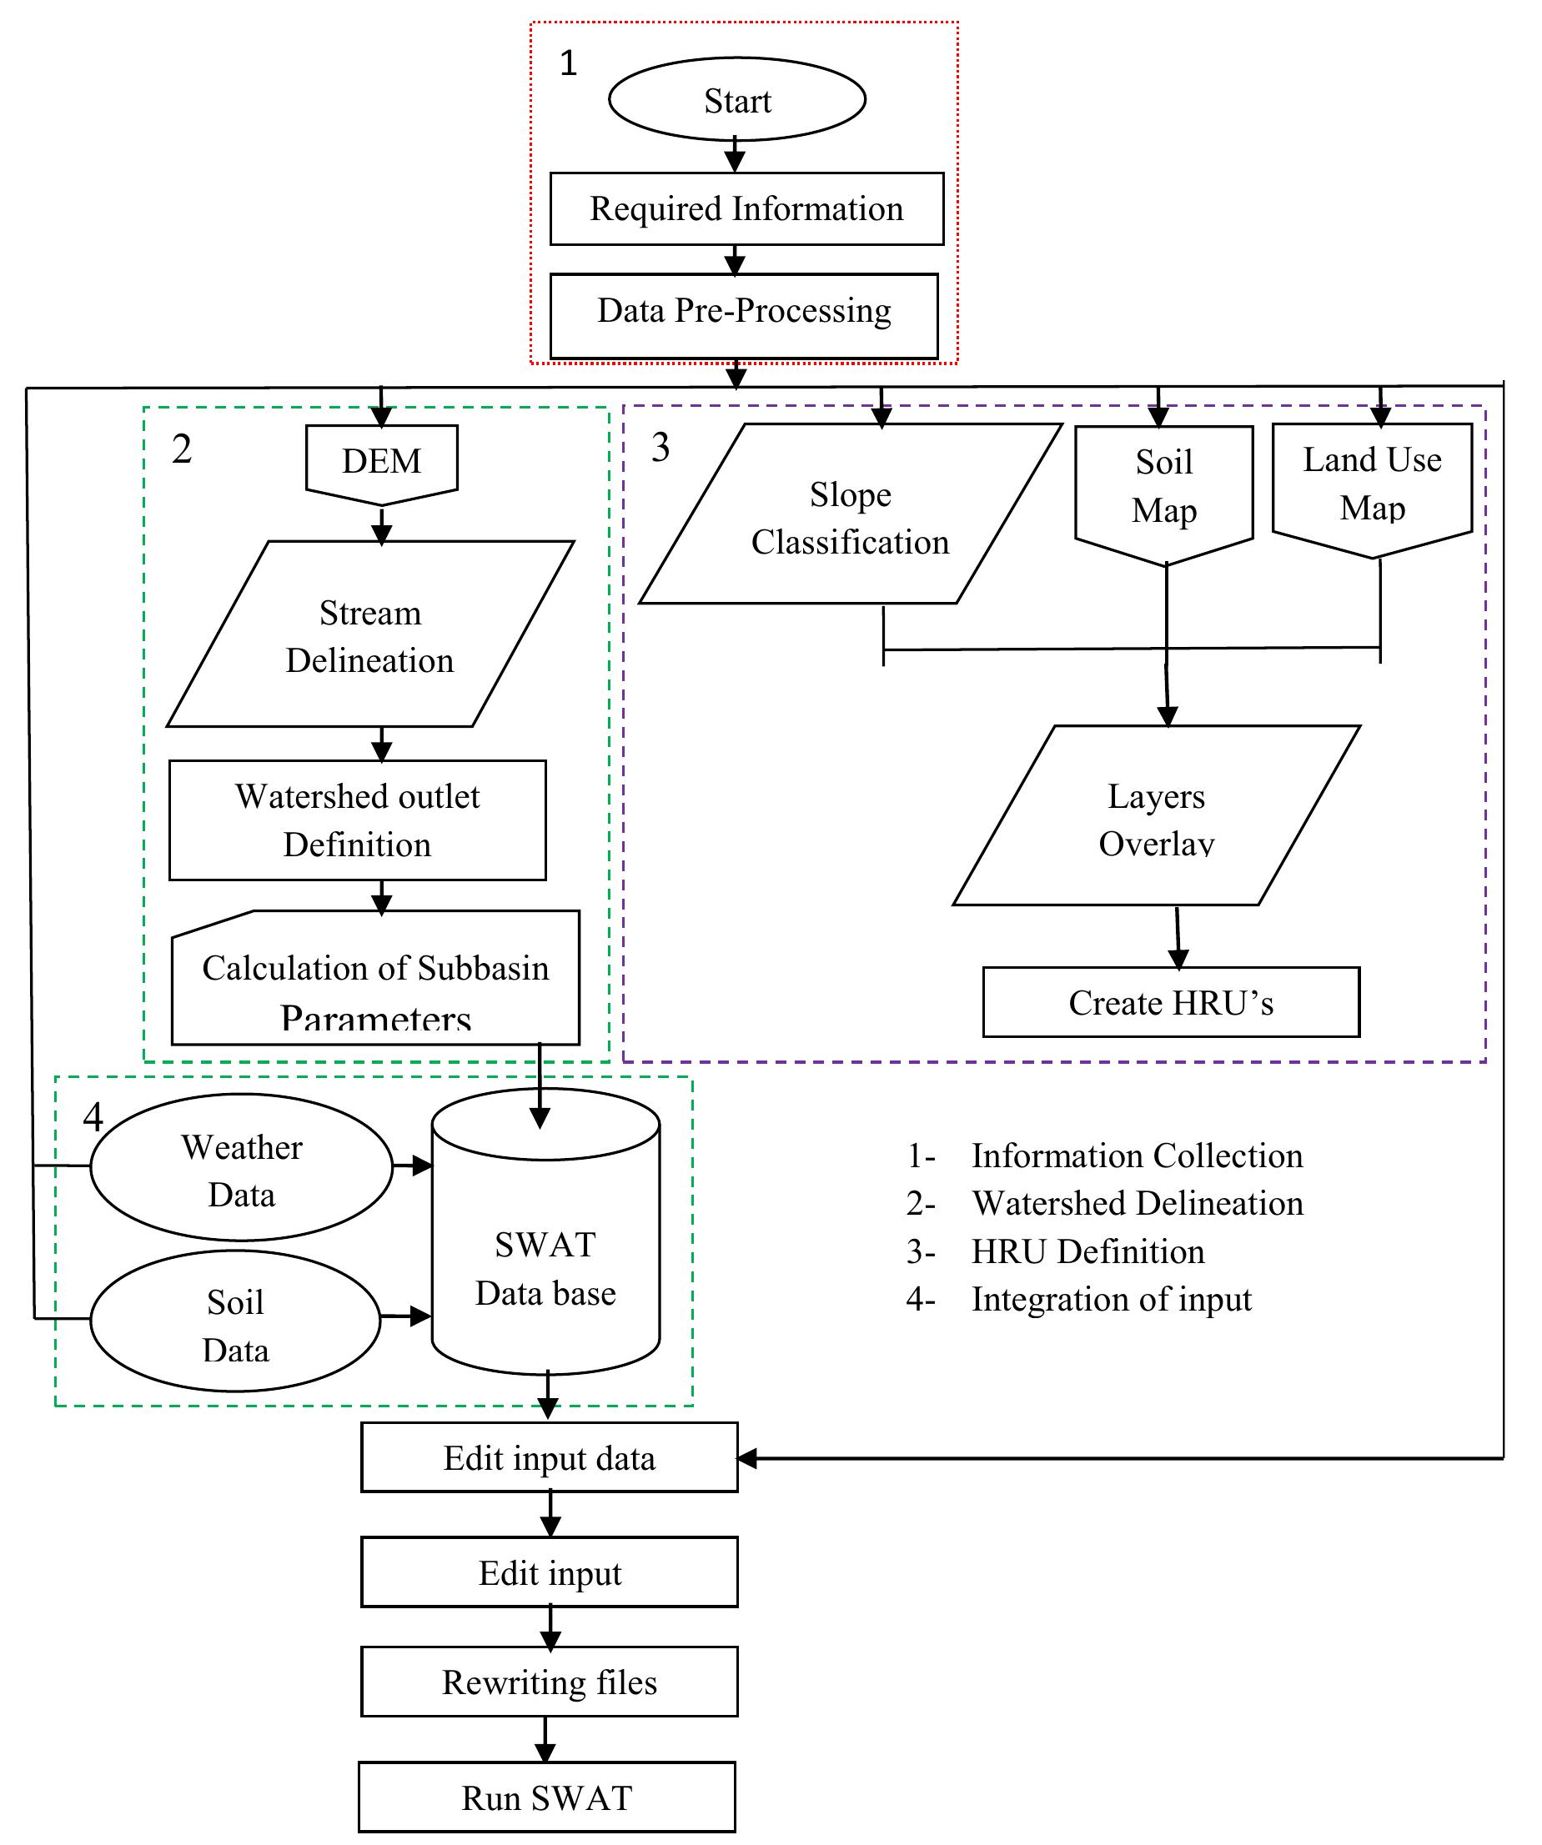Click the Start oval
coord(736,100)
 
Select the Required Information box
coord(746,209)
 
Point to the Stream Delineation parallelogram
coord(370,634)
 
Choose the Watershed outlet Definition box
coord(358,820)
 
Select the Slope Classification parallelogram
coord(850,517)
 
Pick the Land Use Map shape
coord(1372,485)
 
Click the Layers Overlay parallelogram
coord(1155,817)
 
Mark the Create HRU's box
coord(1170,1002)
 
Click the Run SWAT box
coord(546,1797)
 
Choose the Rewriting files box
coord(549,1682)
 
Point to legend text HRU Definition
coord(1087,1251)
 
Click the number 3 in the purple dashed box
coord(660,447)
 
